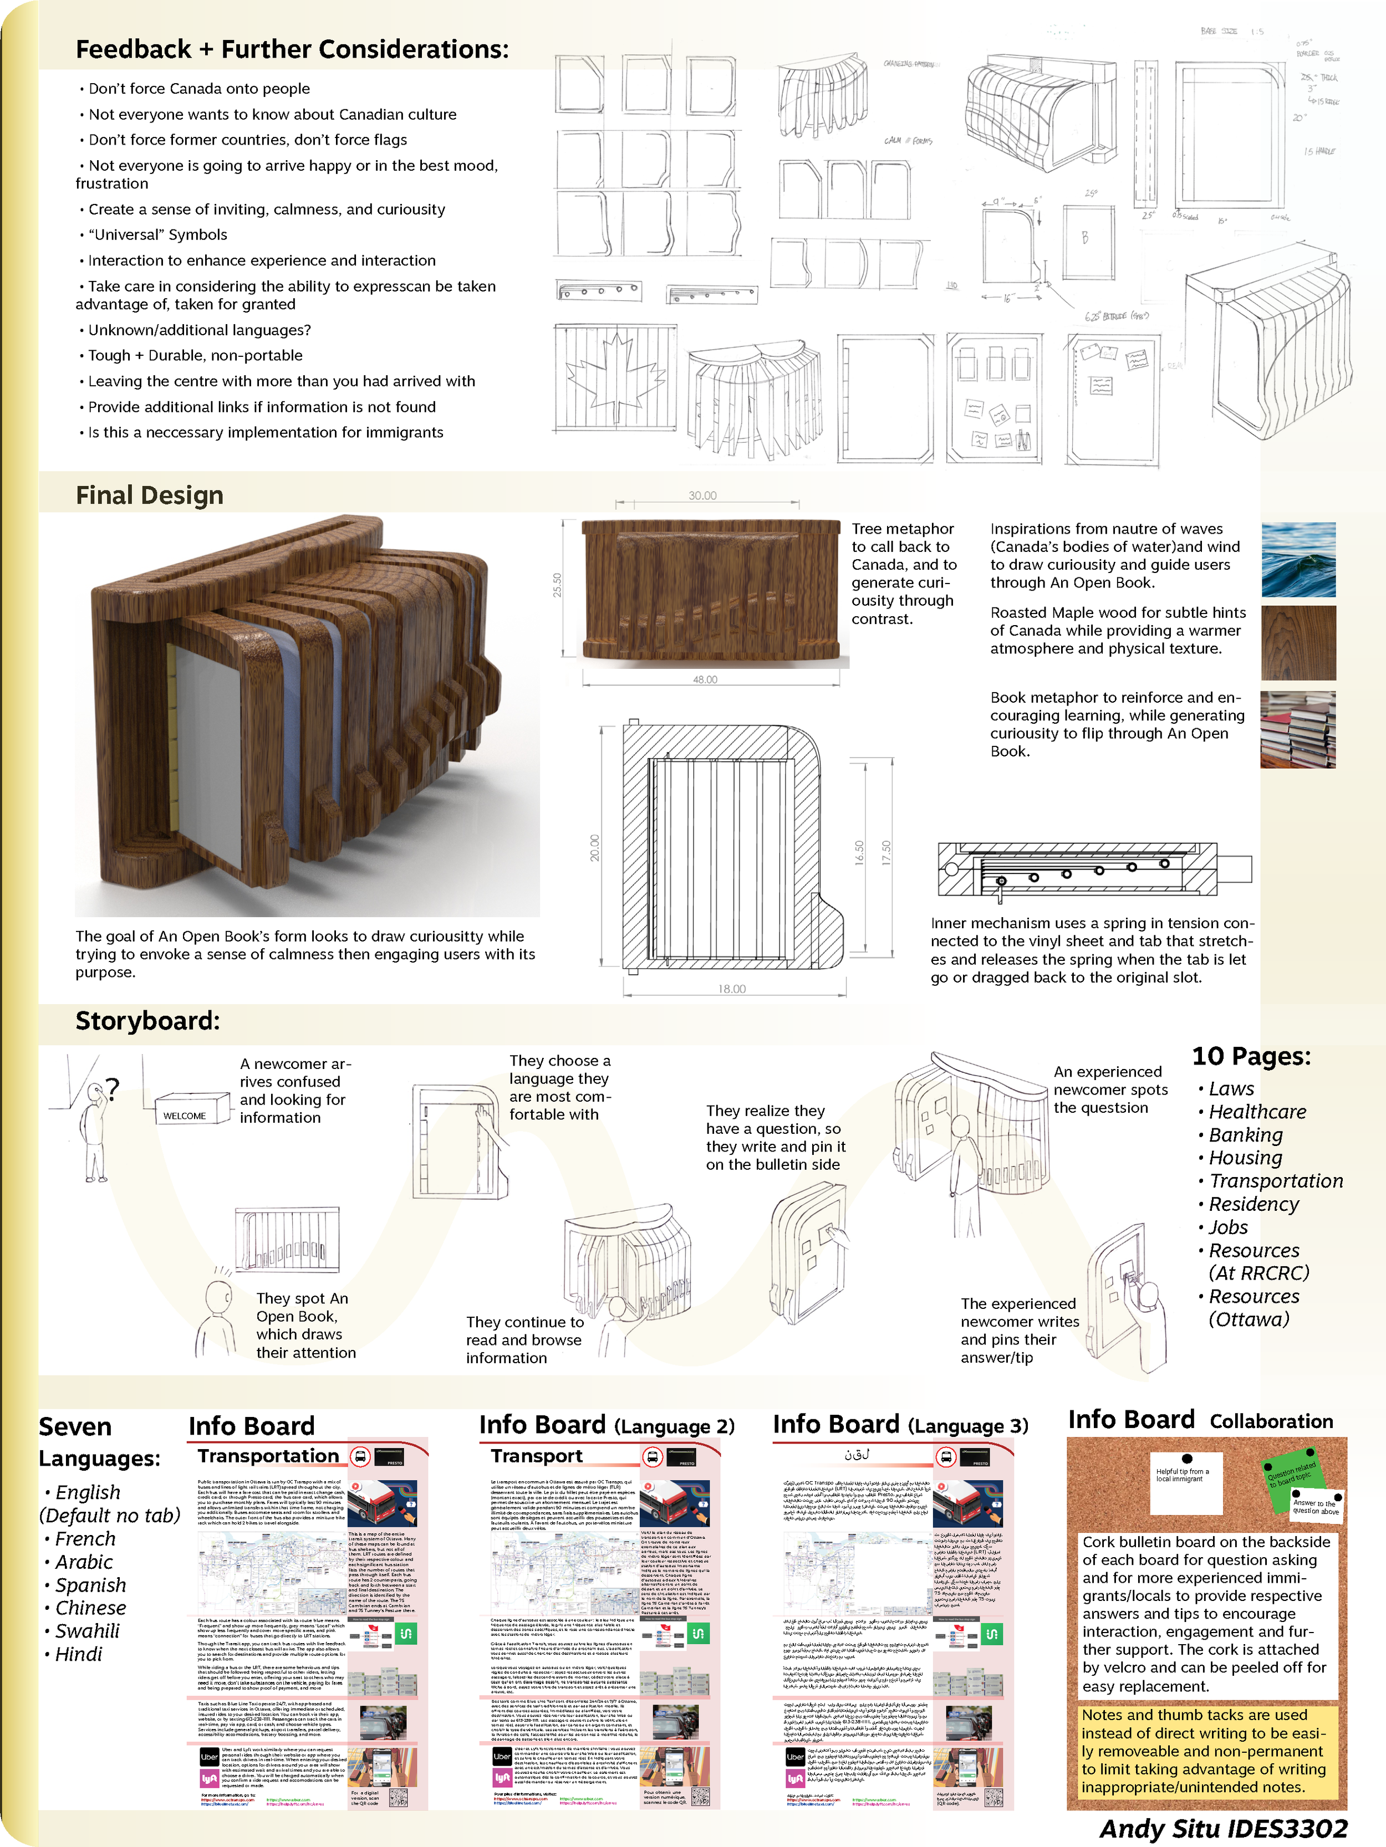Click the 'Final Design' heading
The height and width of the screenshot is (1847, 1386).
click(150, 495)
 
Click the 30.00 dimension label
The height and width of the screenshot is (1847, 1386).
click(702, 495)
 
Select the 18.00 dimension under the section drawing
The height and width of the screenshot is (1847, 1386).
click(732, 989)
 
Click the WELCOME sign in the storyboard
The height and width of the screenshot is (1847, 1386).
click(185, 1116)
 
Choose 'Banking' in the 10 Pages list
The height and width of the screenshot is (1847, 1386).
click(1245, 1135)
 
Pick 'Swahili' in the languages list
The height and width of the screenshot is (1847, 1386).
click(87, 1631)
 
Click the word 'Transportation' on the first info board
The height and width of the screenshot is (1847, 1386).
click(268, 1455)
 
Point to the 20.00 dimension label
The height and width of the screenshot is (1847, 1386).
click(595, 847)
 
